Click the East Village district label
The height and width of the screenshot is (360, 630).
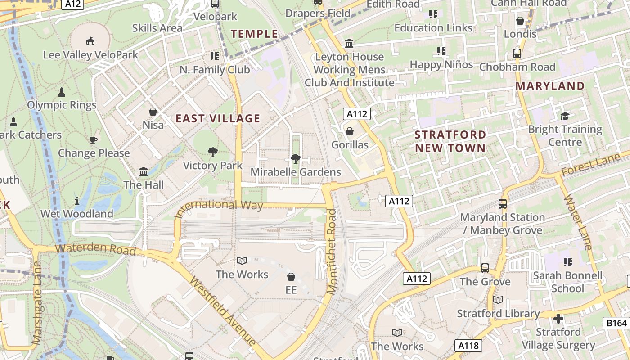pos(218,118)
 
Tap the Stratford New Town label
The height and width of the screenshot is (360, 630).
pos(450,141)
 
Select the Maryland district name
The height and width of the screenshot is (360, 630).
pos(550,86)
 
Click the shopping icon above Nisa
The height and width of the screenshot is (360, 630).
pos(153,112)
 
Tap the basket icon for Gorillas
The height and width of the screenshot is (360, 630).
pos(349,131)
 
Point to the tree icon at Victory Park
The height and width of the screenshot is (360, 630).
pos(212,152)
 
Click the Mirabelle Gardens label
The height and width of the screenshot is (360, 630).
pos(296,172)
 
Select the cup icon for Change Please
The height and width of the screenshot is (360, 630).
pos(93,140)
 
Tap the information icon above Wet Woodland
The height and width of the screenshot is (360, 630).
pos(77,200)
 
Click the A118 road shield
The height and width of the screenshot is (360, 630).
pos(468,346)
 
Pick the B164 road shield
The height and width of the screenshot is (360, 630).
pos(616,323)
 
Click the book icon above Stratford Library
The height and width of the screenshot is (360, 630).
pos(498,300)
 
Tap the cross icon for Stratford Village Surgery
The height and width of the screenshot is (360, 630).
pos(558,319)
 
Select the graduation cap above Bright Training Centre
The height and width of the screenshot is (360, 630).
pos(565,116)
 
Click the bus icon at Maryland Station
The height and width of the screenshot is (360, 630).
pos(502,204)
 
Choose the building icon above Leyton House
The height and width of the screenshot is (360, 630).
pos(349,44)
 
